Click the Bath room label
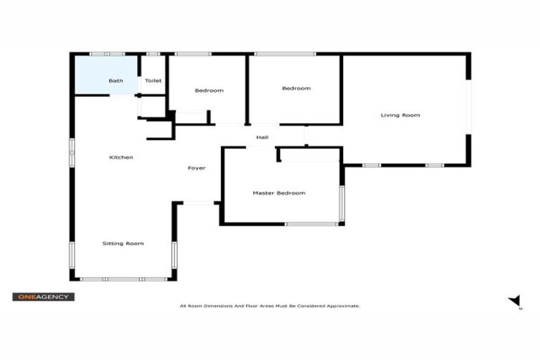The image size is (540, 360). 116,81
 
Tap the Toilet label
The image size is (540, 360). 153,81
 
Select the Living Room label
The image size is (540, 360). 400,115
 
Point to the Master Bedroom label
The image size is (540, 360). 279,193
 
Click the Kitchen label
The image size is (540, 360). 121,157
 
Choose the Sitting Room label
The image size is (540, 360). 123,243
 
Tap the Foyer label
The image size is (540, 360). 196,168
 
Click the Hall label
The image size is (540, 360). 262,137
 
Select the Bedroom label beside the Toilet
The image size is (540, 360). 209,91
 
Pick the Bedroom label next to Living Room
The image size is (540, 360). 296,89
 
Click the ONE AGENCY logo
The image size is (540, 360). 43,297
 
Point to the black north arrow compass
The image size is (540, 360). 515,300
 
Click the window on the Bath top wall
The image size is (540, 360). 107,53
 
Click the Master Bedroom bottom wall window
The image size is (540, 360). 311,224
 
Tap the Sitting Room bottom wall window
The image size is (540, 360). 123,279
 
